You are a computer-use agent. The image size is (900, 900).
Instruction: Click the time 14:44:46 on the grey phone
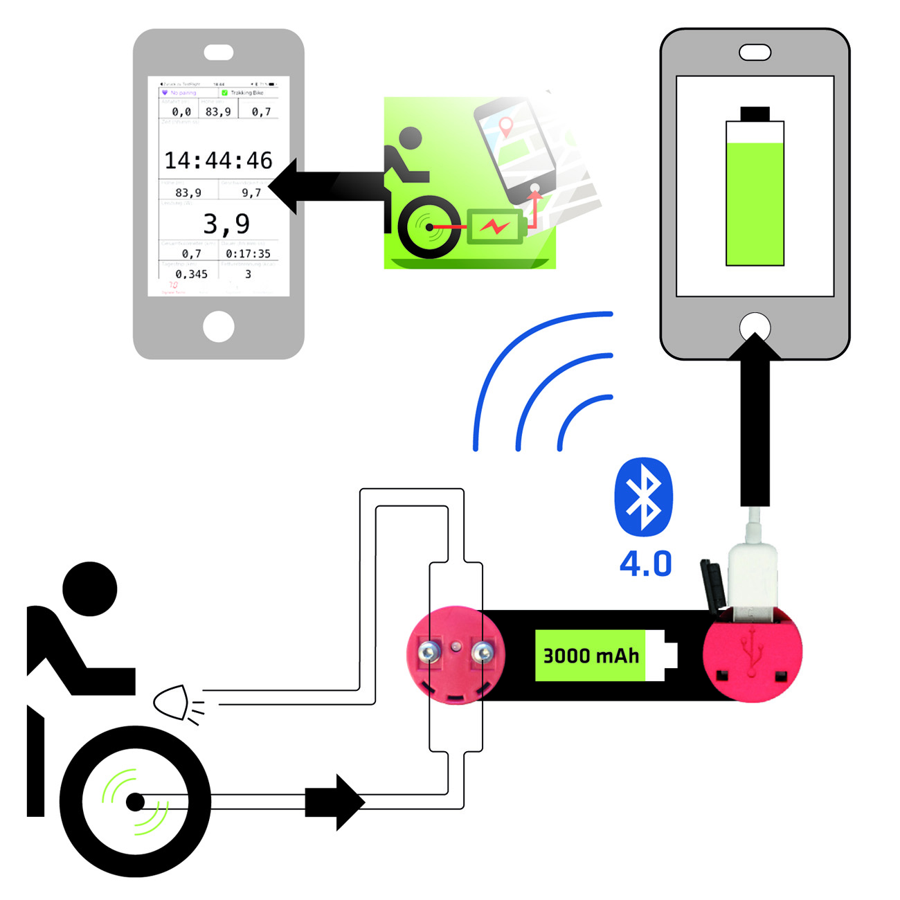(x=218, y=161)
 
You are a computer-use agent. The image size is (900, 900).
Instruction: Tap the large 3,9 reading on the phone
(x=226, y=224)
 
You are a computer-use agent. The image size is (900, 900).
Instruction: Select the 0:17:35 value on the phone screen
(x=248, y=254)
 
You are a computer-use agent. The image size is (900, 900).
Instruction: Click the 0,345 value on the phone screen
(x=191, y=274)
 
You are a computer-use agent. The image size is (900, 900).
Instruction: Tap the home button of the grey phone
(x=218, y=326)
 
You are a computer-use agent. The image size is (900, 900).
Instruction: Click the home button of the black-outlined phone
(x=755, y=327)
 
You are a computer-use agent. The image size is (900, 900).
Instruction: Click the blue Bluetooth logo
(x=643, y=496)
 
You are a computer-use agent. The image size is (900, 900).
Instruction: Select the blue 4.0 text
(x=645, y=564)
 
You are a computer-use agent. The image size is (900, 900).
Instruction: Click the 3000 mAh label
(x=591, y=656)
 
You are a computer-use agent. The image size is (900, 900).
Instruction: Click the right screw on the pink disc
(x=482, y=651)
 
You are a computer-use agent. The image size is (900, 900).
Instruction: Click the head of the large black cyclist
(x=90, y=589)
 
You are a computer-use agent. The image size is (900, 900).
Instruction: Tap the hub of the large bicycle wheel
(x=135, y=802)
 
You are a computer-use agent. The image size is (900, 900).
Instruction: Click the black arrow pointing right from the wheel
(x=334, y=802)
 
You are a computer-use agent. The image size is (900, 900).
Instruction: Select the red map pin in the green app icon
(x=506, y=127)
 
